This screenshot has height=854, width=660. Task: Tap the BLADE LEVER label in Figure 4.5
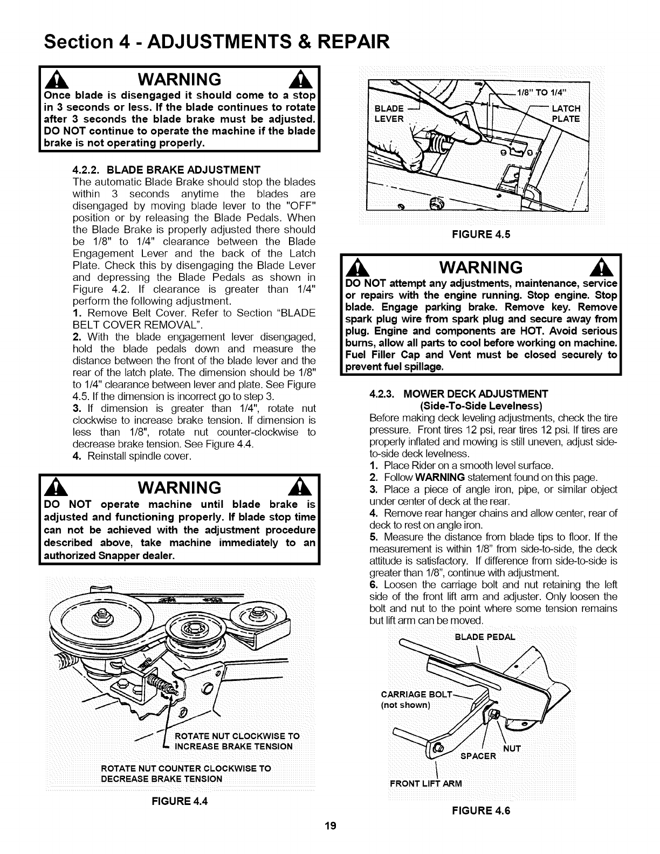coord(389,114)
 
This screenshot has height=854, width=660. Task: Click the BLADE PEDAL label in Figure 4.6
coord(485,636)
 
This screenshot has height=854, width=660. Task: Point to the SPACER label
coord(478,755)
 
